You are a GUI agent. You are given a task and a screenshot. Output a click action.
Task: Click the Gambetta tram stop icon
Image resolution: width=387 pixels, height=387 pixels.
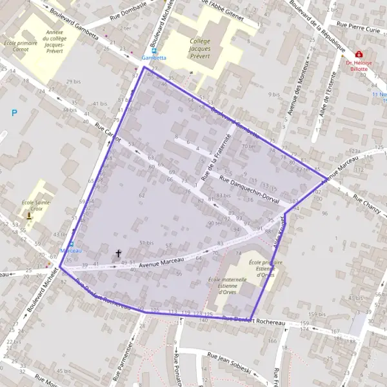pos(154,50)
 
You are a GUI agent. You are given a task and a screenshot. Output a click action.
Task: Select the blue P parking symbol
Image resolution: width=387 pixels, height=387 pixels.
pos(15,114)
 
